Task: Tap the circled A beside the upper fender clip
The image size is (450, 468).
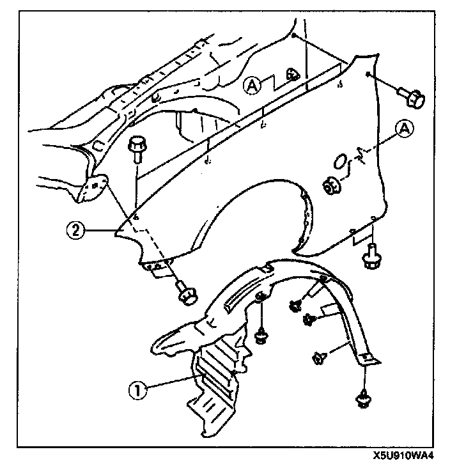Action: [x=253, y=86]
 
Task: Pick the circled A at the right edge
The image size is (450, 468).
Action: [x=405, y=129]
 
